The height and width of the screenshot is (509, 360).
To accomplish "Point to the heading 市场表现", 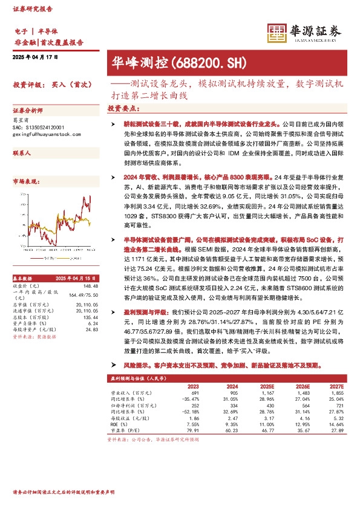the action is click(x=25, y=181).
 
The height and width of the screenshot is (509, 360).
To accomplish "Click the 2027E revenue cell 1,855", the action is click(x=338, y=393).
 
